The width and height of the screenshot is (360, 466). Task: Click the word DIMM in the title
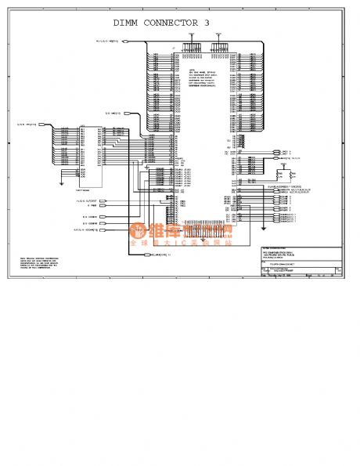pos(129,23)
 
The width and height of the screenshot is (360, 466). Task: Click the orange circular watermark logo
pos(139,231)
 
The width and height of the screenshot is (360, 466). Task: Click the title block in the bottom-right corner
pos(301,262)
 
